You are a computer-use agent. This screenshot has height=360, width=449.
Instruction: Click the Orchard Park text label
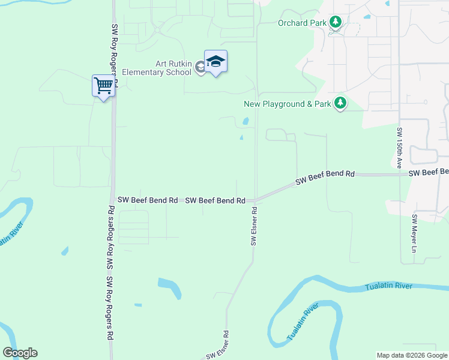click(x=301, y=23)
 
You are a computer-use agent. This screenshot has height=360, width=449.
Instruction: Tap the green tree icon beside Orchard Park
click(x=336, y=23)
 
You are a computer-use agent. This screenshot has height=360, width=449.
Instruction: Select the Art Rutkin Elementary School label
click(x=156, y=68)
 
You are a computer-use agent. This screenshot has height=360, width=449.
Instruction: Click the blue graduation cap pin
click(x=215, y=62)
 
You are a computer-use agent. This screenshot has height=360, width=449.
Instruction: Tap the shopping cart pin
click(x=103, y=86)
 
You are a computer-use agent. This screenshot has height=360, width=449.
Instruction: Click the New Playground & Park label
click(x=288, y=104)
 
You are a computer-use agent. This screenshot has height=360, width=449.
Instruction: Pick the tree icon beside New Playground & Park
click(x=340, y=103)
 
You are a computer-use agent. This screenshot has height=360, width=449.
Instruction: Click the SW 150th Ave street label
click(x=399, y=148)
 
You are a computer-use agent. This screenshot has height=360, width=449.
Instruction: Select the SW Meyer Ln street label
click(x=414, y=233)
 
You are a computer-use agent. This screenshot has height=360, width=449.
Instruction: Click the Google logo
click(x=20, y=353)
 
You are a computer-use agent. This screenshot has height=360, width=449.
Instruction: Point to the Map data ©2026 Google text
click(x=411, y=355)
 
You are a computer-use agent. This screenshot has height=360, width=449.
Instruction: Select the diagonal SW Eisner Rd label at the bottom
click(x=217, y=347)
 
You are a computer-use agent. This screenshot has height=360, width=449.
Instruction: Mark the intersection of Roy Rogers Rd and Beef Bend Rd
click(x=113, y=200)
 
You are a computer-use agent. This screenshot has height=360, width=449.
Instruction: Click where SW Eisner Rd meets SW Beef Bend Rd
click(x=255, y=200)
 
